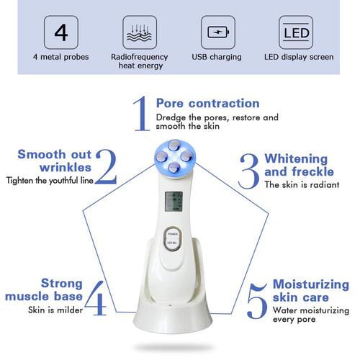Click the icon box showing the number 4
(x=61, y=32)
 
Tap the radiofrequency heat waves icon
(x=139, y=32)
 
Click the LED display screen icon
(x=297, y=32)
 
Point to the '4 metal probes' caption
(x=61, y=57)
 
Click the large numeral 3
(x=249, y=171)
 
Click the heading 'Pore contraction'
(x=207, y=103)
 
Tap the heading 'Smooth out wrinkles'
(x=55, y=161)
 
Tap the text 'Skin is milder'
(x=55, y=310)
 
